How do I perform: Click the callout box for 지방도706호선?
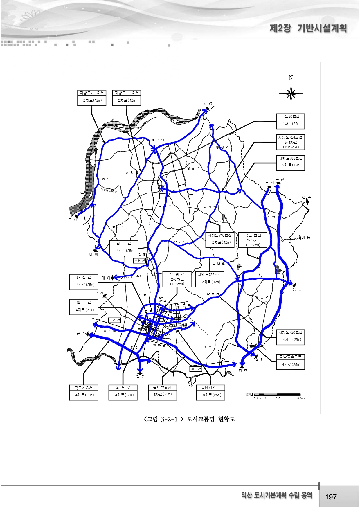[92, 98]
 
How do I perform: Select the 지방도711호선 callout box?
[127, 98]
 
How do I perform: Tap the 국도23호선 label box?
[290, 121]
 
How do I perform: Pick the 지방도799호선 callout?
[290, 163]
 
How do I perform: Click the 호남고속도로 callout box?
[290, 361]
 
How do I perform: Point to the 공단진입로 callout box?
[211, 392]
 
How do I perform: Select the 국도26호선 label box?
[84, 392]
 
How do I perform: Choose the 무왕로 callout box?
[177, 279]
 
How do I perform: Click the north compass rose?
[291, 93]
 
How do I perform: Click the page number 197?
[331, 497]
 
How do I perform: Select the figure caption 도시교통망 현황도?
[189, 419]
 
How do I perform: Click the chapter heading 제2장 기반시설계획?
[308, 28]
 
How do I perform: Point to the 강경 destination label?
[208, 103]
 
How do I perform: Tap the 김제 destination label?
[141, 377]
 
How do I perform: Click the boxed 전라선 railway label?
[196, 369]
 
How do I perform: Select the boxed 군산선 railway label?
[114, 320]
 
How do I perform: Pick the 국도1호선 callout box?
[253, 240]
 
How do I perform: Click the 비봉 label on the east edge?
[306, 238]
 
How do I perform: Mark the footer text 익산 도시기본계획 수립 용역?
[277, 495]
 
